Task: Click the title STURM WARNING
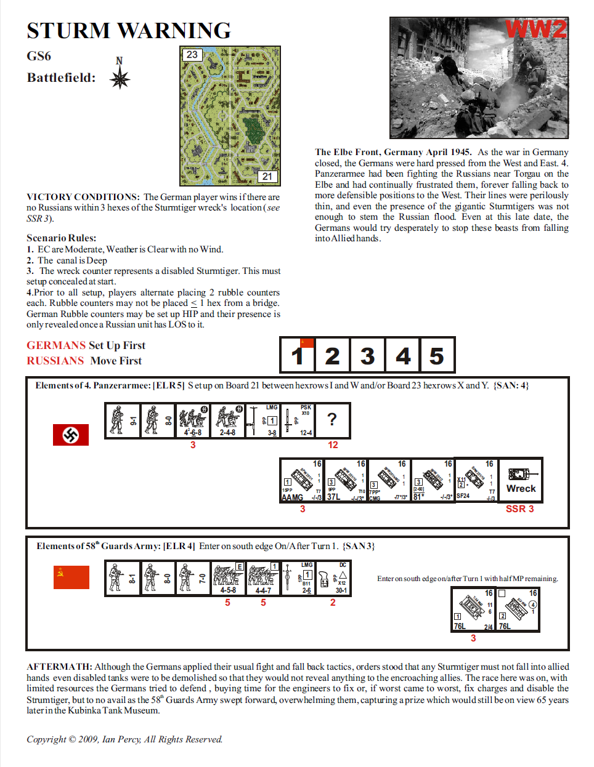coord(129,30)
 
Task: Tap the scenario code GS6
coord(39,56)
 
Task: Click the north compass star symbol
coord(120,78)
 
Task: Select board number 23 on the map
coord(192,55)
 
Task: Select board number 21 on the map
coord(267,176)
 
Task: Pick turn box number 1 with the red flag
coord(298,355)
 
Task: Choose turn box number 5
coord(437,355)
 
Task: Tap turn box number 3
coord(367,355)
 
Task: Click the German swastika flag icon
coord(71,435)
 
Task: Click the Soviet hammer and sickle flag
coord(71,577)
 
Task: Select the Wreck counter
coord(521,481)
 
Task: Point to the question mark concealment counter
coord(332,420)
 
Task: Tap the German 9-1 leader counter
coord(122,420)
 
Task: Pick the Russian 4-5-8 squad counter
coord(228,578)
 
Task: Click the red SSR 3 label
coord(519,509)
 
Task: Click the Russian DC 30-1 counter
coord(333,578)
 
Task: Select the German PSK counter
coord(298,420)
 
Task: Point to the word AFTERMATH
coord(59,667)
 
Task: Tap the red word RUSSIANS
coord(55,361)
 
